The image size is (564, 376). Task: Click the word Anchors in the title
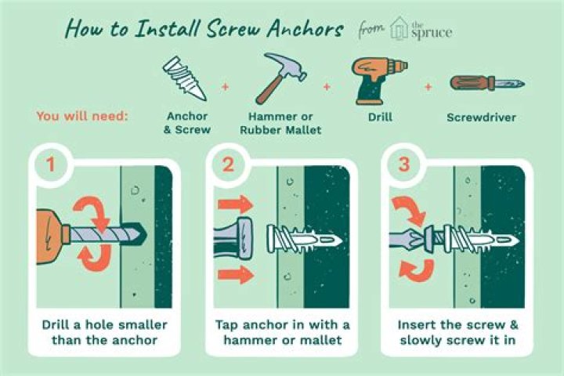305,29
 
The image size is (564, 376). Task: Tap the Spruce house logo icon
399,28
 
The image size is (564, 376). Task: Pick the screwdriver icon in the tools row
487,84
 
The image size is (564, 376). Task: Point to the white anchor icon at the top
185,78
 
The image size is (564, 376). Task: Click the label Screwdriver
481,117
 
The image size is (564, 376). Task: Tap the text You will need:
82,116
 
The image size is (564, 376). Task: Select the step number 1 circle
51,164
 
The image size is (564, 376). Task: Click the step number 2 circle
228,164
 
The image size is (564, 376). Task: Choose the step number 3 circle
404,164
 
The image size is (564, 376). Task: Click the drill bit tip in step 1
144,235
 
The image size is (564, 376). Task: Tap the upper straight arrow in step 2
236,204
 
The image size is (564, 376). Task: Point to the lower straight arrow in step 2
236,275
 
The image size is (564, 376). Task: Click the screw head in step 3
429,237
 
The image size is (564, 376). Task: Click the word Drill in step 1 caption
56,325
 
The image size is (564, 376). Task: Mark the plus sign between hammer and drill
327,87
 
